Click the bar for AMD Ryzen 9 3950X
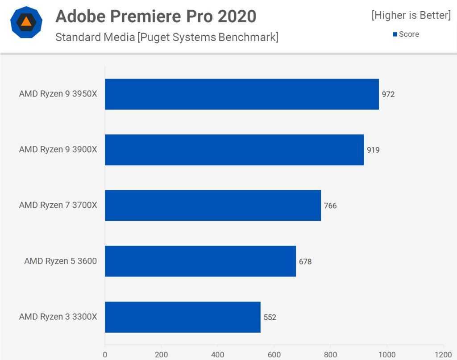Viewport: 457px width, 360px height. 241,94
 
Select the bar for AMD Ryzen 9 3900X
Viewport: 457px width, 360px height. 234,150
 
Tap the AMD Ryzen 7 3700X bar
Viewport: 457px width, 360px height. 213,205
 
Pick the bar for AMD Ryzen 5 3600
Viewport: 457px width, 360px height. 200,261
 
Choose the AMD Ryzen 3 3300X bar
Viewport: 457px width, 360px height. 183,317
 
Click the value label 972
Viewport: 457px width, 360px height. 388,94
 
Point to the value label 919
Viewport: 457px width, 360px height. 373,150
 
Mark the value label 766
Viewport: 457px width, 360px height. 330,206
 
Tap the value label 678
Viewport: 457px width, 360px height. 305,262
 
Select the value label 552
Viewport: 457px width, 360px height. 270,318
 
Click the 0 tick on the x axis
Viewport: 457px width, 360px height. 105,354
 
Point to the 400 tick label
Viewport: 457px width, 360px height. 217,354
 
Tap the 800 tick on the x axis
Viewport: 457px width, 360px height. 330,354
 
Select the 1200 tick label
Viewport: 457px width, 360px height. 443,354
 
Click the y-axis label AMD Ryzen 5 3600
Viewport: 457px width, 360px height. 60,261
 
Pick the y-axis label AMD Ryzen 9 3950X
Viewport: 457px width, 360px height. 58,94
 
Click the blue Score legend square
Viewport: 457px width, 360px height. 395,34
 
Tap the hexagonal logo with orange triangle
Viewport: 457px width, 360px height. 26,22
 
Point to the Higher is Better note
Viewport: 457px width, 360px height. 411,15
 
